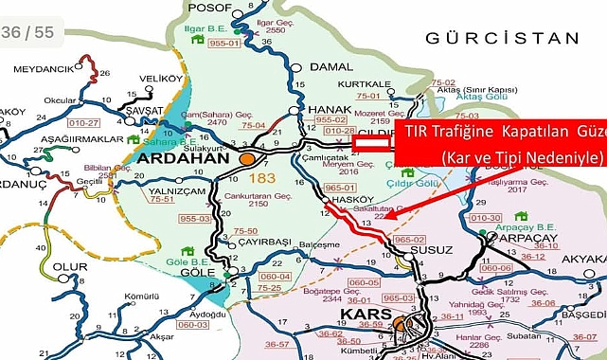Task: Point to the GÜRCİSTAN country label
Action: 501,39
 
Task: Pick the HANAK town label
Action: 330,110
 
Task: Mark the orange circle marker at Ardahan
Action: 247,159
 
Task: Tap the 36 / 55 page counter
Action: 27,33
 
